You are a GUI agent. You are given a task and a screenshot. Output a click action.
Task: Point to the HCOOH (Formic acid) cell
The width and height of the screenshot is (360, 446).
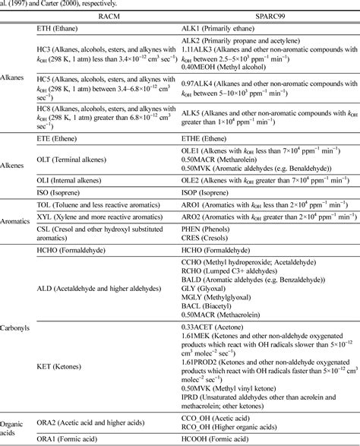point(219,439)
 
